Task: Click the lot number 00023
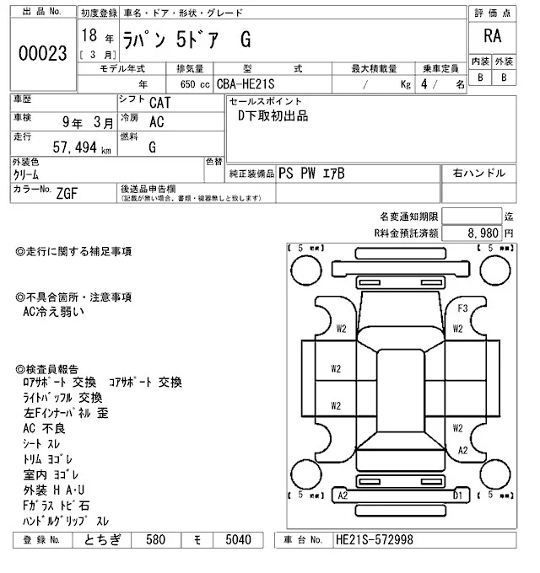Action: [x=42, y=54]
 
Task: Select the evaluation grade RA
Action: [x=490, y=36]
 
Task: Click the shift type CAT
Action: [x=158, y=103]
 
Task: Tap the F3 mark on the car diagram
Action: [x=462, y=308]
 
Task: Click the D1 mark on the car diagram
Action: [x=457, y=496]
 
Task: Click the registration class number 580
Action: [x=155, y=539]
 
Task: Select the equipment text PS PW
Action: [x=298, y=173]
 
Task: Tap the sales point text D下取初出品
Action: [x=273, y=116]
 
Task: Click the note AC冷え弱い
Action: [x=52, y=311]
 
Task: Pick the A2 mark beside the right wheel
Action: [x=462, y=451]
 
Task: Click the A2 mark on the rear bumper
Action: [x=343, y=496]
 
